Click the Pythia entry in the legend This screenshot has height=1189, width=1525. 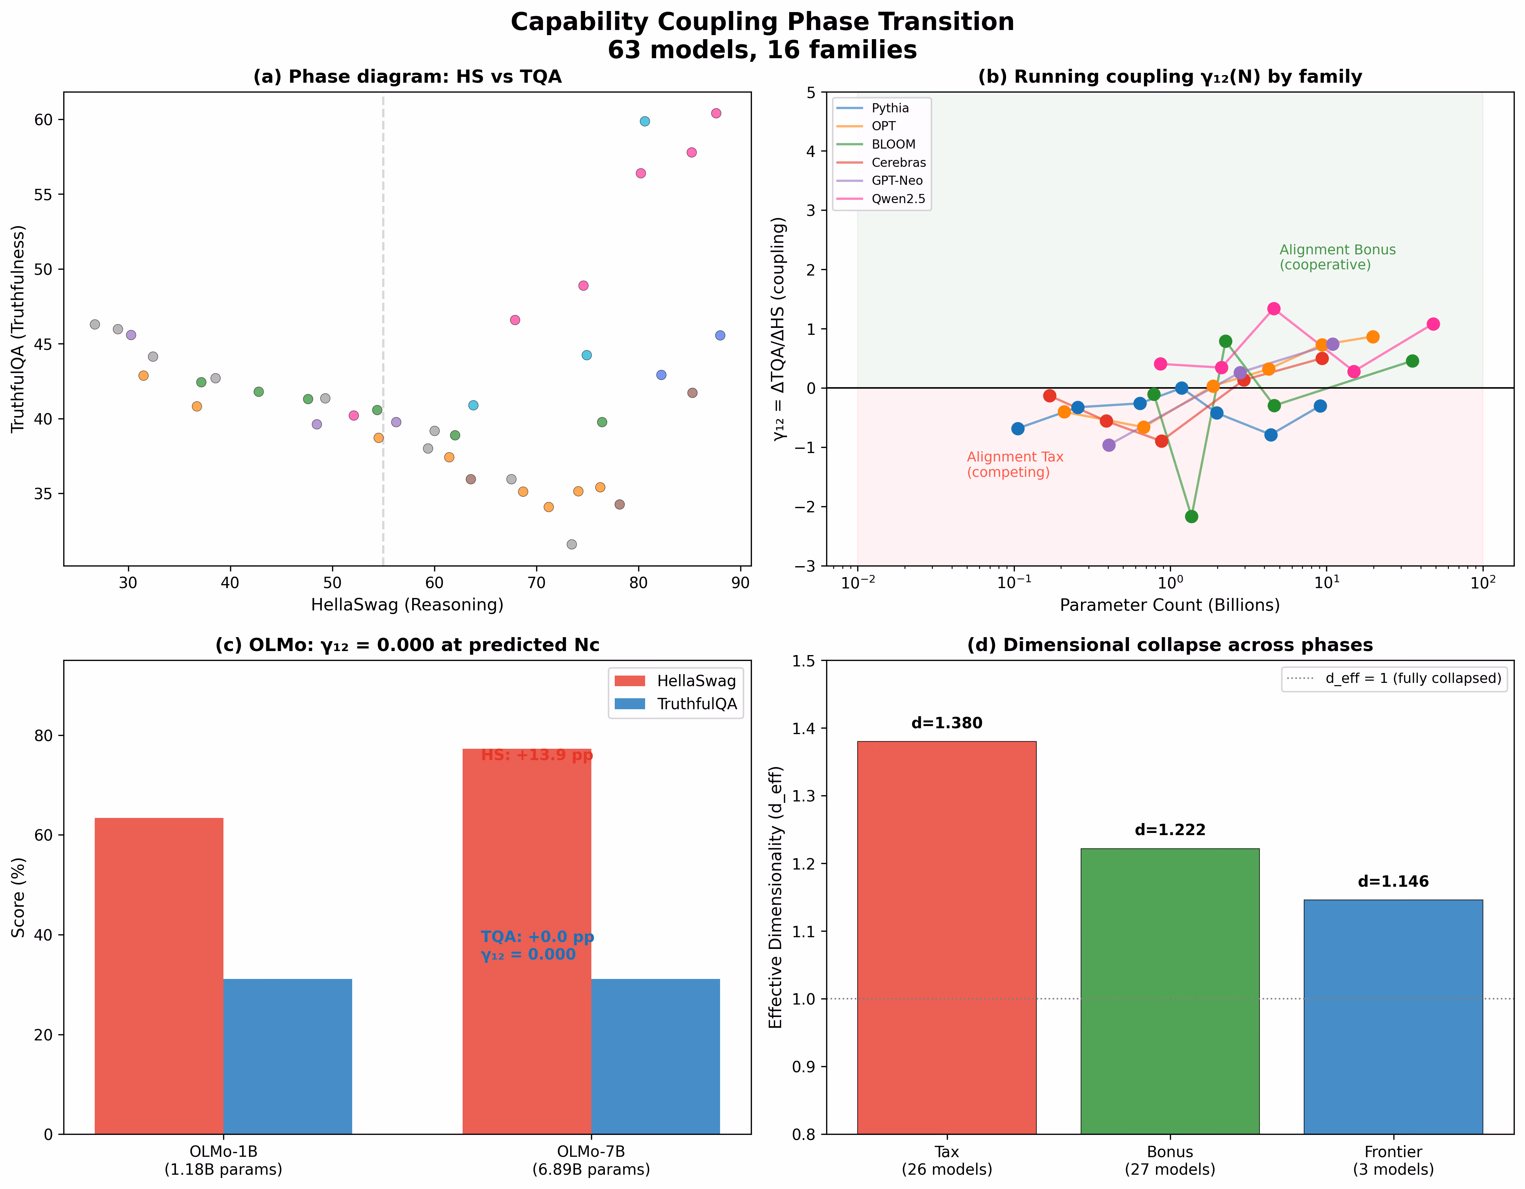click(x=873, y=108)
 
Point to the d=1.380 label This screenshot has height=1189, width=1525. click(x=947, y=723)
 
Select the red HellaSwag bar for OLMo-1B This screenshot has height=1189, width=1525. click(x=159, y=976)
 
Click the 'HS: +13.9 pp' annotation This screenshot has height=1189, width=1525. click(x=537, y=755)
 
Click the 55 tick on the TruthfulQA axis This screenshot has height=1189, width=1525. click(x=43, y=195)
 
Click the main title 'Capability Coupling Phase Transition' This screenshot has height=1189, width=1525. click(x=762, y=22)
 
